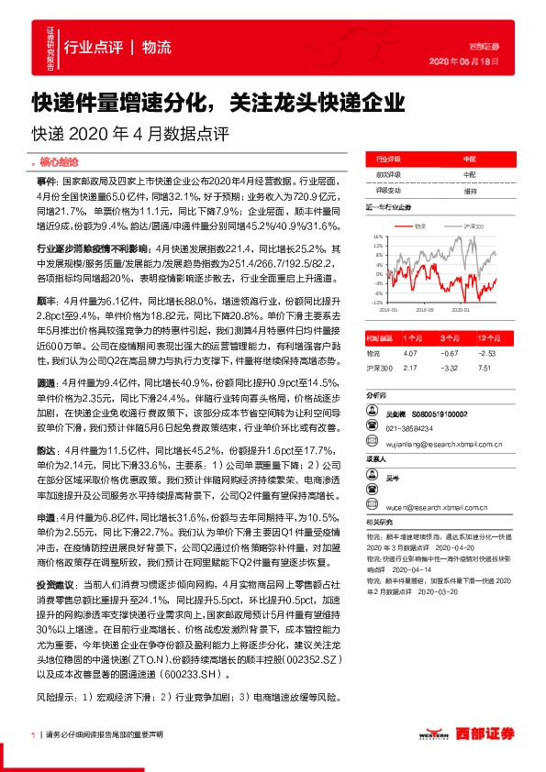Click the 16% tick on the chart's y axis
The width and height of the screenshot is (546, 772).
[x=376, y=237]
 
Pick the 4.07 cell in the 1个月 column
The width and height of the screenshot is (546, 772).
[x=411, y=353]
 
